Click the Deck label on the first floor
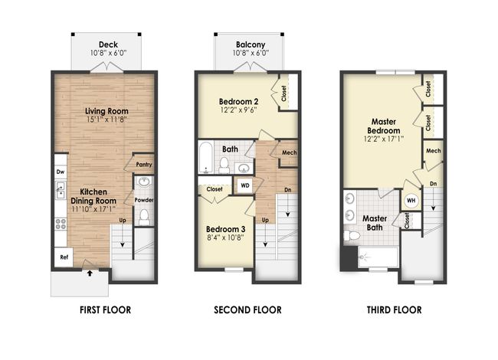tap(108, 44)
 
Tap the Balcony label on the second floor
tap(251, 44)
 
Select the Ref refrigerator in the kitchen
tap(64, 257)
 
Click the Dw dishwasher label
tap(61, 172)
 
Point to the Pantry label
tap(144, 165)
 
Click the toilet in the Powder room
tap(144, 217)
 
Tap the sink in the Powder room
tap(145, 182)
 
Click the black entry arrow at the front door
tap(90, 273)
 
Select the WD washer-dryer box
tap(245, 185)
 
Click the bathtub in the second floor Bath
tap(205, 158)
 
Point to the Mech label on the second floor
tap(290, 152)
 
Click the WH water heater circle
tap(411, 201)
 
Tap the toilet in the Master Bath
tap(352, 236)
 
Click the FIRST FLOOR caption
tap(105, 310)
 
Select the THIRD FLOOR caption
tap(394, 310)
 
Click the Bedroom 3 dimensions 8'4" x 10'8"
tap(224, 237)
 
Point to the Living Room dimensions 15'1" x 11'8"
tap(106, 119)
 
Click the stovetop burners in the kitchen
tap(61, 224)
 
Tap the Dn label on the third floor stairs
tap(433, 184)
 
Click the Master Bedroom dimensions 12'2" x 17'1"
tap(384, 139)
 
